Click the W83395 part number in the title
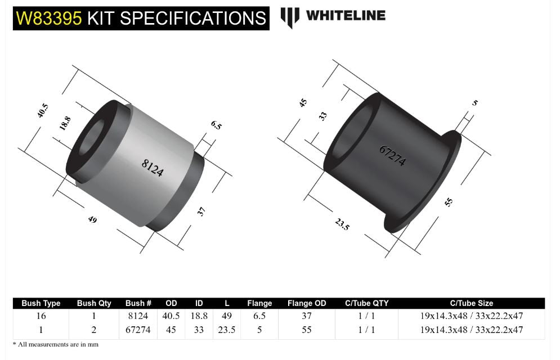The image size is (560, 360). point(50,18)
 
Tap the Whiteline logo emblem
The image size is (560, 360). point(290,17)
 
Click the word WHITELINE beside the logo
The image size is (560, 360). point(346,16)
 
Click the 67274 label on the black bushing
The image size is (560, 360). point(392,156)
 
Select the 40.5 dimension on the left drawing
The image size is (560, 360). point(43,111)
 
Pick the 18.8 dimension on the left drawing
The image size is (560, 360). point(65,123)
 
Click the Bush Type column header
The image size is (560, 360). point(41,303)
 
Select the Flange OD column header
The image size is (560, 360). point(306,303)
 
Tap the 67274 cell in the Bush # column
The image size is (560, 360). point(138,330)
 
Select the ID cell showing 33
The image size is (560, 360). point(199,330)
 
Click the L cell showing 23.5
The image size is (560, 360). point(226,330)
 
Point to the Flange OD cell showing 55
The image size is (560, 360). point(306,330)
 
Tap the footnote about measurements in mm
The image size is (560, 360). point(56,344)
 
